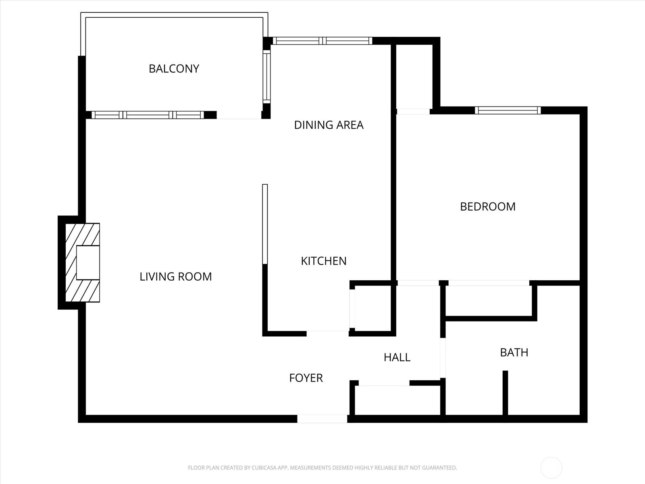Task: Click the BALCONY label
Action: [x=174, y=69]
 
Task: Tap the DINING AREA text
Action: [x=329, y=125]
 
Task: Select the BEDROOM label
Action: [x=488, y=207]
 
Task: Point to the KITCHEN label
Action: [x=324, y=261]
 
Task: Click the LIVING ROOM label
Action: [x=176, y=277]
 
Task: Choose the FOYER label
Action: [x=306, y=378]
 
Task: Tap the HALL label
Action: [x=397, y=357]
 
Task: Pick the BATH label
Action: [x=514, y=353]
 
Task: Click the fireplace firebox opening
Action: [x=88, y=263]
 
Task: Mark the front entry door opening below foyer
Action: [x=322, y=419]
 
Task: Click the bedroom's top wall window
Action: [x=508, y=111]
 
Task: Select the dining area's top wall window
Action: [x=322, y=41]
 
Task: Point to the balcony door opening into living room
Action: [x=239, y=115]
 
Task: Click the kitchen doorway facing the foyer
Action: [x=328, y=334]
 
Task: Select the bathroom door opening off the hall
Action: [x=443, y=358]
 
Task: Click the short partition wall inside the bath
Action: [x=505, y=393]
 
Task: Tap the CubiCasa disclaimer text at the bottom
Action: [x=322, y=467]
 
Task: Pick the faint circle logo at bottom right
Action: [x=551, y=467]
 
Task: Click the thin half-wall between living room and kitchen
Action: [x=265, y=224]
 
